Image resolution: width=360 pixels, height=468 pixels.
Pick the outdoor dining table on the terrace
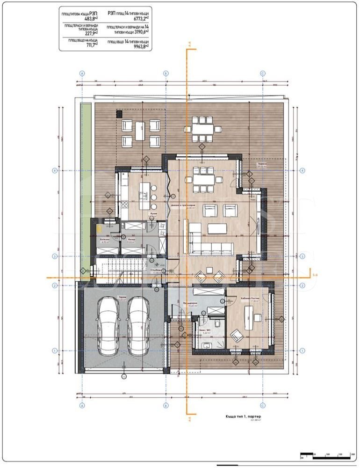(x=202, y=129)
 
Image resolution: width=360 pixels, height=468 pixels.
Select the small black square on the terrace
(x=119, y=113)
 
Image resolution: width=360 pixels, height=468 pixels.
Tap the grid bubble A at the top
(x=82, y=73)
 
